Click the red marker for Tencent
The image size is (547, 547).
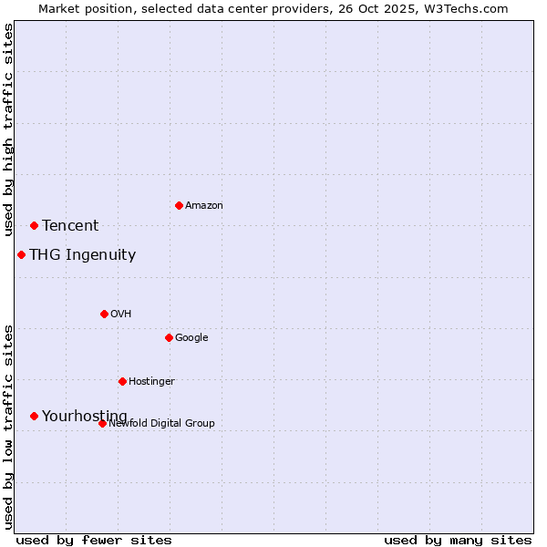tap(34, 225)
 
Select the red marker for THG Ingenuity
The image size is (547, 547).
tap(21, 254)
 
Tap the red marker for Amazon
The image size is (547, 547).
tap(179, 205)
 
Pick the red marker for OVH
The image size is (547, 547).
tap(104, 314)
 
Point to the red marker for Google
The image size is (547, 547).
tap(169, 337)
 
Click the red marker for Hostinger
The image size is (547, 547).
tap(122, 381)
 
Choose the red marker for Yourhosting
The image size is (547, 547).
tap(34, 416)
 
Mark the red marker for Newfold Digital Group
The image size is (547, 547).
tap(102, 423)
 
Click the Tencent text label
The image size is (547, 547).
tap(70, 226)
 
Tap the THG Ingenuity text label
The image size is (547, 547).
tap(82, 255)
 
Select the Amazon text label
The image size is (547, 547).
tap(204, 206)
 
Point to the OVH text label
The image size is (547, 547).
tap(121, 315)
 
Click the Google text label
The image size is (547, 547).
tap(191, 338)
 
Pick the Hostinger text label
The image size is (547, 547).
tap(151, 382)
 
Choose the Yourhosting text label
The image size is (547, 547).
tap(85, 417)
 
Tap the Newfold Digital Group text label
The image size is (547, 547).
tap(161, 424)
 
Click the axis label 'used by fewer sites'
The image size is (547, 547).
tap(94, 540)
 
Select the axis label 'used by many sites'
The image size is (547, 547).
tap(458, 540)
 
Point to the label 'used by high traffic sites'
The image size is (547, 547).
tap(9, 130)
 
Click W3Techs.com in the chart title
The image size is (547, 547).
tap(463, 9)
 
